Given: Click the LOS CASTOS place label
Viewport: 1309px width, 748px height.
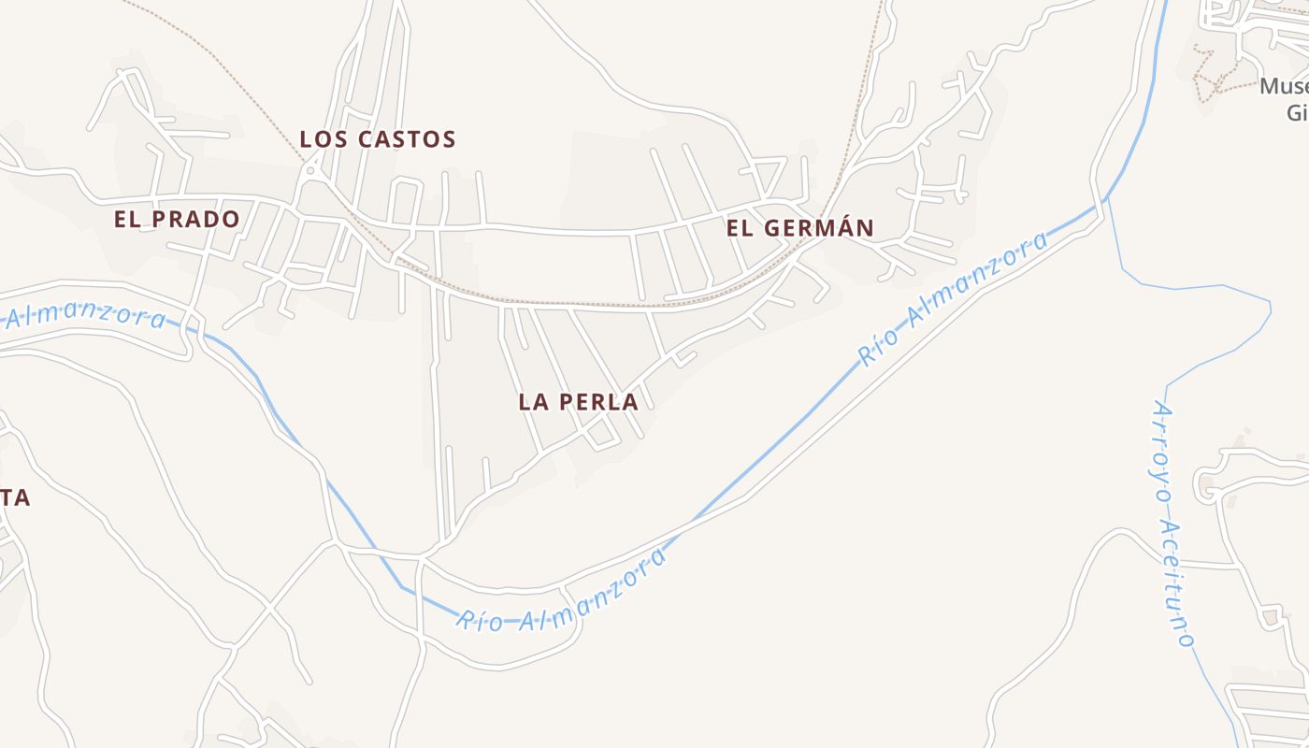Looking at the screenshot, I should (377, 139).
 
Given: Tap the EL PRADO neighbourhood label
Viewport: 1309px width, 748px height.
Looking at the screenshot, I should (177, 219).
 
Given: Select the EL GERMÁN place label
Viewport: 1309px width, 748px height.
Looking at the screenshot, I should (799, 227).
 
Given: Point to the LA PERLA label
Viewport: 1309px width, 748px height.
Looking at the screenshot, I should (578, 402).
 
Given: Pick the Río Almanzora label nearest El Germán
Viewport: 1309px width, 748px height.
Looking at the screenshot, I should (954, 299).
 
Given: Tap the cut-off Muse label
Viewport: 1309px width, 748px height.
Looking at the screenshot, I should (1283, 88).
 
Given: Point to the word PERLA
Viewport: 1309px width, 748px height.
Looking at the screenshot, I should (599, 402).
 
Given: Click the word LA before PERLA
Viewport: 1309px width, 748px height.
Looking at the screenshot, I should (533, 402).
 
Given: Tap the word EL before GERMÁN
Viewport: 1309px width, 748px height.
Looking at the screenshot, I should (739, 227).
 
